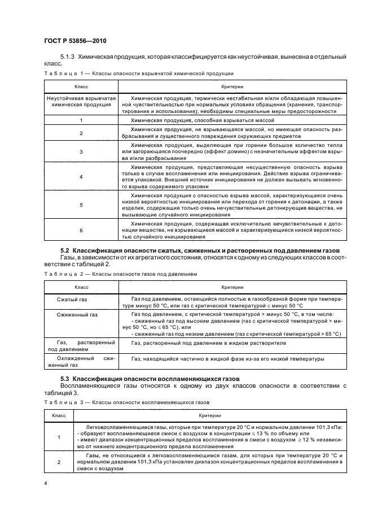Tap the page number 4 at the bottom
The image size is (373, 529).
(x=45, y=483)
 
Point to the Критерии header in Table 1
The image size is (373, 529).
(x=232, y=86)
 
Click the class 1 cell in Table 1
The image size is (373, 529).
(x=81, y=120)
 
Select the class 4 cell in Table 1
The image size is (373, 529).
(x=81, y=177)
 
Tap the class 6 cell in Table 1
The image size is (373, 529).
(x=81, y=231)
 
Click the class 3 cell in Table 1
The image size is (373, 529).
(x=81, y=151)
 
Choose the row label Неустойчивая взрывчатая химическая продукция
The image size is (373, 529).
(x=81, y=102)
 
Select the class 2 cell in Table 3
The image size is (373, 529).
(x=59, y=462)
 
